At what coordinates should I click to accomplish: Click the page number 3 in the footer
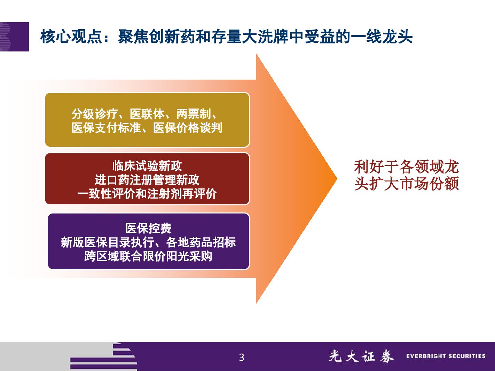coord(242,357)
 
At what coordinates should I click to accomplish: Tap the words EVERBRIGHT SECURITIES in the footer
coord(446,356)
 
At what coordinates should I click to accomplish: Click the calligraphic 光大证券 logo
coord(361,356)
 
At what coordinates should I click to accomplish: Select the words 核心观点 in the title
coord(71,37)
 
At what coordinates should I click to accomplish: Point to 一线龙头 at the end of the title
coord(382,37)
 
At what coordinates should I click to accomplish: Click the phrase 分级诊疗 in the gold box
coord(95,114)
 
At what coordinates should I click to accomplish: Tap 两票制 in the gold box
coord(194,114)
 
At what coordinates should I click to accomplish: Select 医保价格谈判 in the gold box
coord(188,128)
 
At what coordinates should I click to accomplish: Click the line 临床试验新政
coord(147,166)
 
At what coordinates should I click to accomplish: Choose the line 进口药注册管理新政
coord(147,180)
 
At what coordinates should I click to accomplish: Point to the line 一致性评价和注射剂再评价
coord(147,194)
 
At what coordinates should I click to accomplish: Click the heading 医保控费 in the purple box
coord(148,228)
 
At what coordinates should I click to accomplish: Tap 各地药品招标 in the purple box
coord(201,242)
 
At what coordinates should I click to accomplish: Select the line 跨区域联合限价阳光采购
coord(148,256)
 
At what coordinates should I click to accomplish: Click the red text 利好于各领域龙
coord(406,167)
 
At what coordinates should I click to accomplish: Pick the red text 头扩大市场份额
coord(406,184)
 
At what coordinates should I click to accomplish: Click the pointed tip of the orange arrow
coord(337,179)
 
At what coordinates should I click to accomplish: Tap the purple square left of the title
coord(14,37)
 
